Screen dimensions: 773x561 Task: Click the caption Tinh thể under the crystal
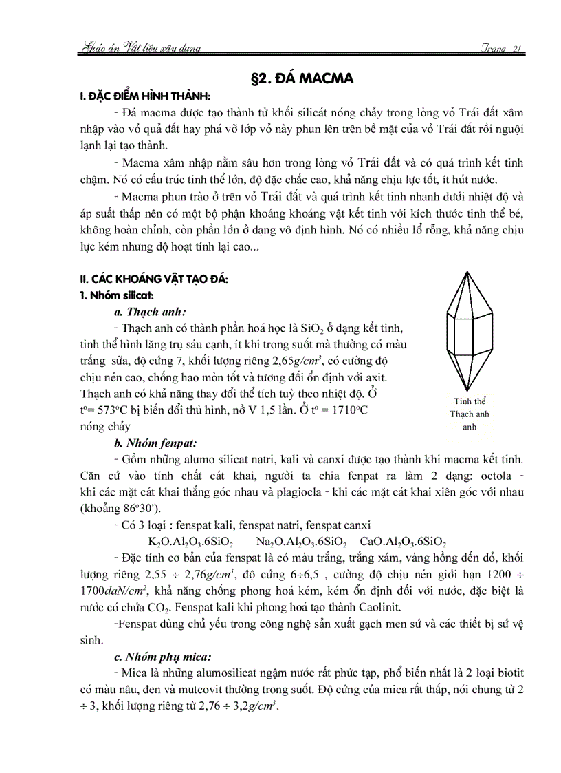470,401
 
